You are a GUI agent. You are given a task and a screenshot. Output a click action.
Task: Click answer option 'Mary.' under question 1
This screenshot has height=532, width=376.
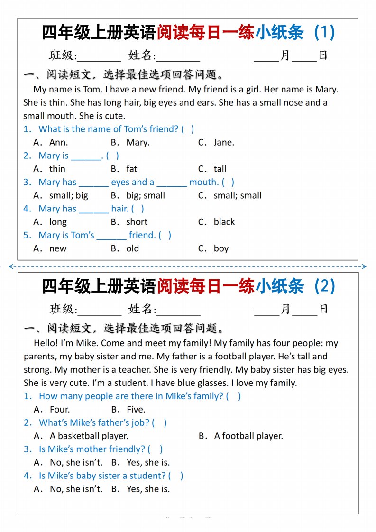138,142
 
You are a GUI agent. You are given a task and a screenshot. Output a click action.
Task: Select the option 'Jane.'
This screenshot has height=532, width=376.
223,142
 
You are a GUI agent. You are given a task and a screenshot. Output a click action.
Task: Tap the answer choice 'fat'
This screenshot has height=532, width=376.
131,169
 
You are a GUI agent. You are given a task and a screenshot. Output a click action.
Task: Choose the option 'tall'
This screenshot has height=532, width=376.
220,169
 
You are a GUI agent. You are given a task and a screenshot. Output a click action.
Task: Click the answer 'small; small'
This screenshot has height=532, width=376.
237,195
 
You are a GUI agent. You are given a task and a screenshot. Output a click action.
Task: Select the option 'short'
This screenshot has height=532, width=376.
137,222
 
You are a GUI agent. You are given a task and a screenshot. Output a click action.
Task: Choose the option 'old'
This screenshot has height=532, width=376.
132,248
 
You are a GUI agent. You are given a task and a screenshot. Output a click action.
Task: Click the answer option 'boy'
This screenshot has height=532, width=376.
221,248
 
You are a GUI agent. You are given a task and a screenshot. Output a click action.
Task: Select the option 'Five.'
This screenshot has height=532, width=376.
136,409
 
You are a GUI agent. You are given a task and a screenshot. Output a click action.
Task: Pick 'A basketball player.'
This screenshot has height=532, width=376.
89,436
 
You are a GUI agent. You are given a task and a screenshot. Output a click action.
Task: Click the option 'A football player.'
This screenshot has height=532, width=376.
248,436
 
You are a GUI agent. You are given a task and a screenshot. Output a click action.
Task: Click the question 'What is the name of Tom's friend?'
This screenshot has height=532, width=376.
109,129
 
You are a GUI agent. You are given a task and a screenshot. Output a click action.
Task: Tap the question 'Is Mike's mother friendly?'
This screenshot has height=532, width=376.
92,449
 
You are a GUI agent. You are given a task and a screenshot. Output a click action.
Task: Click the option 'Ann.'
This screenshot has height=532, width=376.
58,142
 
